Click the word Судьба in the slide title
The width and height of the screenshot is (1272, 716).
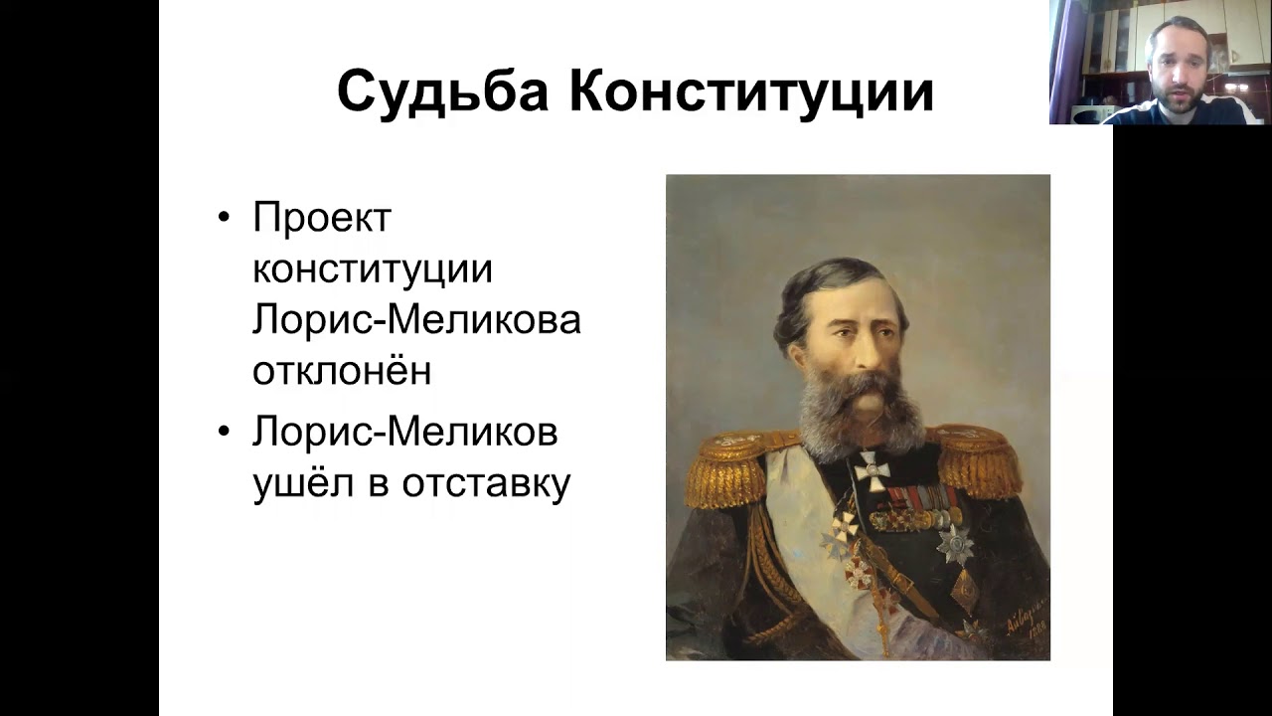(442, 92)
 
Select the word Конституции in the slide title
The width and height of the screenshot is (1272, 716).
(751, 92)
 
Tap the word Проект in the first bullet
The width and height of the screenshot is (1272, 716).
(322, 218)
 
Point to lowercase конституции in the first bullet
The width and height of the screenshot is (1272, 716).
(373, 269)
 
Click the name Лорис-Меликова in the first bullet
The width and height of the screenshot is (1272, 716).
(416, 320)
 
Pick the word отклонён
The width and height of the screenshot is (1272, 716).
(342, 371)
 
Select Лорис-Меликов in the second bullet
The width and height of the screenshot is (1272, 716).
(404, 433)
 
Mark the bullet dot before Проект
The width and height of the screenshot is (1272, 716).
(225, 218)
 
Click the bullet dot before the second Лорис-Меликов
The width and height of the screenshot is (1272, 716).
(225, 433)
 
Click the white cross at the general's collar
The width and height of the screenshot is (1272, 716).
(872, 470)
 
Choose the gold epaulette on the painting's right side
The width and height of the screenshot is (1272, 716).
(980, 459)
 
